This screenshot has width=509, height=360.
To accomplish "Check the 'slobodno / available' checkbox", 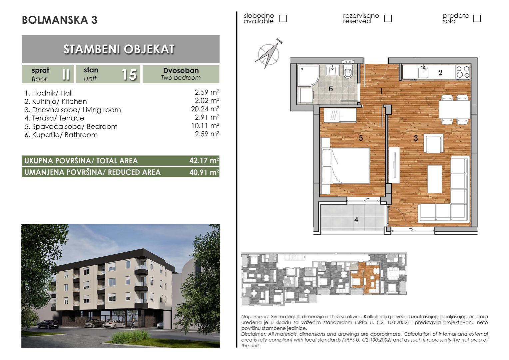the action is point(283,18).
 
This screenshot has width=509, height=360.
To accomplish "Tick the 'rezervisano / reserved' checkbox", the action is point(388,18).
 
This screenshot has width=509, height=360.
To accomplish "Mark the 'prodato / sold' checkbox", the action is point(477,18).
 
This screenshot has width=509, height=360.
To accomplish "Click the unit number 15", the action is point(129,74).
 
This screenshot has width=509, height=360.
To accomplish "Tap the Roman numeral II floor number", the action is point(66,74).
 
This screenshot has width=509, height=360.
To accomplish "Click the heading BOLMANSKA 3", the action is point(60,20).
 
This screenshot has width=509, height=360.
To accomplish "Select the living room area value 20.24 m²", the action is point(205,109).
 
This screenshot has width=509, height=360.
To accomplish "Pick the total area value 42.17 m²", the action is point(204,161).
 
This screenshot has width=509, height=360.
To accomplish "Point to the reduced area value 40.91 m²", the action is point(204,172).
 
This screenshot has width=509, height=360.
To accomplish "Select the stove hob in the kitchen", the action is point(463,72).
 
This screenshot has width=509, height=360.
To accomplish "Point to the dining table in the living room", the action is point(454,109).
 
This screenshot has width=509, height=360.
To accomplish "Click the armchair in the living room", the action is point(434,144).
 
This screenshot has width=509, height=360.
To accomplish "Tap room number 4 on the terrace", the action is point(356,220).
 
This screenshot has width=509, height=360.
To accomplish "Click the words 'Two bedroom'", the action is point(181,78).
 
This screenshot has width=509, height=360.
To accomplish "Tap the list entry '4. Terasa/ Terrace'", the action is point(54,118).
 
